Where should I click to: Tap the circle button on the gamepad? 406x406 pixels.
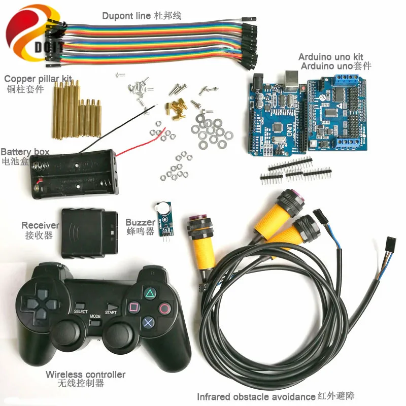(x=165, y=308)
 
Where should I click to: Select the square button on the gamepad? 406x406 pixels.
(x=134, y=307)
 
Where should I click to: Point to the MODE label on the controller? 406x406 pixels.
(x=95, y=316)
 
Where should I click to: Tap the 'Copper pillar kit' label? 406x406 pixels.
(x=38, y=79)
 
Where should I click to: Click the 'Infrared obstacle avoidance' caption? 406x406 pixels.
(x=256, y=396)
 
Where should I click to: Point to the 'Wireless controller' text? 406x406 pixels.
(x=85, y=375)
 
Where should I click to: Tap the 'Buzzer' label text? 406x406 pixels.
(x=140, y=222)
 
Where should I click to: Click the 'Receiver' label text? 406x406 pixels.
(x=40, y=225)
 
